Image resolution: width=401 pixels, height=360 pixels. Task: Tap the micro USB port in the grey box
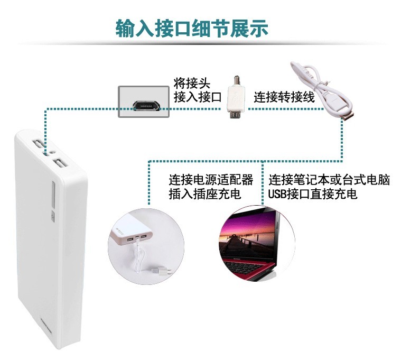(146, 104)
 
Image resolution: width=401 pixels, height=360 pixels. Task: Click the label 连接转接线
(284, 97)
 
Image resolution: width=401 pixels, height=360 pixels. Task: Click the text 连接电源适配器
(211, 180)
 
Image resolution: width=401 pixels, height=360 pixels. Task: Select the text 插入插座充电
(204, 194)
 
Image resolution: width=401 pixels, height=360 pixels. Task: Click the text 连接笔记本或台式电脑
(329, 180)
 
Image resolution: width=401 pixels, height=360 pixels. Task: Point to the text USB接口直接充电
(312, 194)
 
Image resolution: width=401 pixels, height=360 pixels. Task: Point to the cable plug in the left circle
(157, 271)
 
